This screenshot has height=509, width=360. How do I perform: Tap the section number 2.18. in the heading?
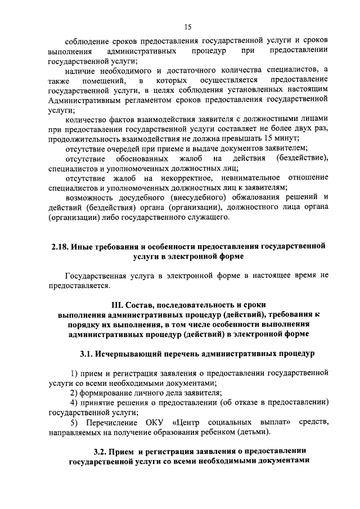pos(59,247)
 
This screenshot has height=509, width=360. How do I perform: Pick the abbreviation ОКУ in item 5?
pos(155,422)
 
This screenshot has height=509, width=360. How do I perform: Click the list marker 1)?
pos(74,373)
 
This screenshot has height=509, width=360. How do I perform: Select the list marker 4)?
pos(74,402)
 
